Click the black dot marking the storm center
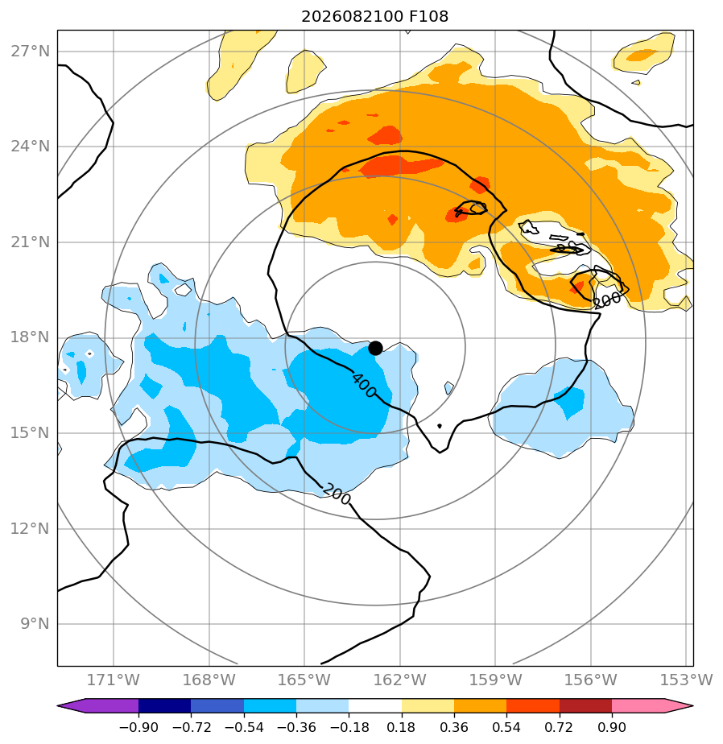[x=375, y=349]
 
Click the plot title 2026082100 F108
[x=374, y=17]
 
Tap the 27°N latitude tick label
[x=31, y=52]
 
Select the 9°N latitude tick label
[x=35, y=623]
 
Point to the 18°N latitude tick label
[x=31, y=337]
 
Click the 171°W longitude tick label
[x=114, y=680]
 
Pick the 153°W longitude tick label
[x=687, y=680]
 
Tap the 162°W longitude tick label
[x=400, y=680]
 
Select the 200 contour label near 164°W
[x=337, y=494]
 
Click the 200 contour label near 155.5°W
[x=607, y=300]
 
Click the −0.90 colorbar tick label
[x=138, y=727]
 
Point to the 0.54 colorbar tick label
[x=506, y=727]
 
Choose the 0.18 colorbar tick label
[x=401, y=727]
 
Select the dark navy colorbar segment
[x=164, y=705]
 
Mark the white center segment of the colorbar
[x=375, y=705]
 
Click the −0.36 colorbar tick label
[x=296, y=727]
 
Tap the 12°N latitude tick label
[x=31, y=528]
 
